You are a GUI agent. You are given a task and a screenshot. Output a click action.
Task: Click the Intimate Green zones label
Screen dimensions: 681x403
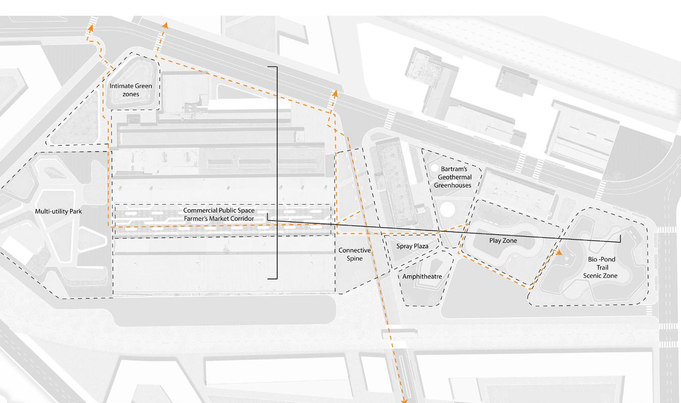pyautogui.click(x=131, y=90)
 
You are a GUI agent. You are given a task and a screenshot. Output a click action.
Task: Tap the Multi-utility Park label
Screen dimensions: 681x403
pyautogui.click(x=59, y=212)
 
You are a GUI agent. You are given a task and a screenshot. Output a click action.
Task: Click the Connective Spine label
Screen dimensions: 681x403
pyautogui.click(x=354, y=255)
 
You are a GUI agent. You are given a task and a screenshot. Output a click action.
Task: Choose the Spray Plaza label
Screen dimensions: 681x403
pyautogui.click(x=412, y=246)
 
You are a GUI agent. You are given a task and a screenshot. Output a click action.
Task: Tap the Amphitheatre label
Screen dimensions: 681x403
pyautogui.click(x=422, y=276)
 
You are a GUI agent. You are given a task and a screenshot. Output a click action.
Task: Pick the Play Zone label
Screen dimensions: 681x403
pyautogui.click(x=503, y=240)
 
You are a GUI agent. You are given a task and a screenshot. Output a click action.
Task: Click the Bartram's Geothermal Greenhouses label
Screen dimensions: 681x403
pyautogui.click(x=454, y=177)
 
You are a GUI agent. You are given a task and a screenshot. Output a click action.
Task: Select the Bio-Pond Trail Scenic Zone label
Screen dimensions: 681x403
pyautogui.click(x=601, y=268)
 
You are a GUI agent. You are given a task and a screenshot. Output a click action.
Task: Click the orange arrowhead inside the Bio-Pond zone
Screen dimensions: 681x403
pyautogui.click(x=559, y=251)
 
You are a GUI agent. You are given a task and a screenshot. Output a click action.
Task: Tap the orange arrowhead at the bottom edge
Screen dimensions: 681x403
pyautogui.click(x=404, y=400)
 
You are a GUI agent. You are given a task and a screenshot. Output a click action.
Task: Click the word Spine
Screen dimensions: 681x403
pyautogui.click(x=354, y=259)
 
